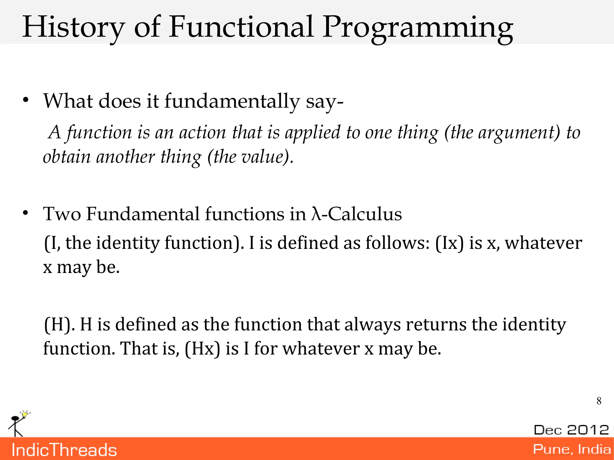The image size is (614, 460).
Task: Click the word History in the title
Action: (x=73, y=28)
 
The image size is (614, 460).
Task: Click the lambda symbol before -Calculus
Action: (x=316, y=214)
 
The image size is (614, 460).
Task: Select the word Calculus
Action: (x=365, y=214)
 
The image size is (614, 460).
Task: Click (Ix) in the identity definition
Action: (x=449, y=243)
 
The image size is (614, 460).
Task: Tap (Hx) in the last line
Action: (x=202, y=349)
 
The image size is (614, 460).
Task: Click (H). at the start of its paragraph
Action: (x=59, y=325)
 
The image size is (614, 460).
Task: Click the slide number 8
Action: (x=599, y=401)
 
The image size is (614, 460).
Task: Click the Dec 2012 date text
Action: (x=571, y=430)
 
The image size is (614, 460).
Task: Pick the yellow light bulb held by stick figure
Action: (x=25, y=414)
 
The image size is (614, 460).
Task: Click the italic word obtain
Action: (x=67, y=157)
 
